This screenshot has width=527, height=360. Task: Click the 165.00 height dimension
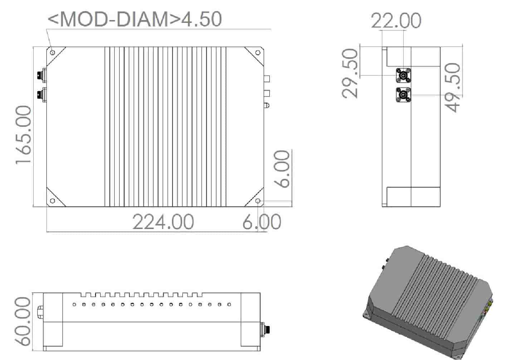pyautogui.click(x=23, y=135)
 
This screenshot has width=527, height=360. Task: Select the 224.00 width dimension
pyautogui.click(x=163, y=222)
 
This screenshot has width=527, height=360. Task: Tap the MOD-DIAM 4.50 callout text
pyautogui.click(x=135, y=19)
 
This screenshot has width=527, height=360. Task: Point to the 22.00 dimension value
pyautogui.click(x=396, y=21)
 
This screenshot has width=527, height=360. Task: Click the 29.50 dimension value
pyautogui.click(x=350, y=73)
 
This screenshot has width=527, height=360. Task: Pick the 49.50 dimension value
pyautogui.click(x=453, y=88)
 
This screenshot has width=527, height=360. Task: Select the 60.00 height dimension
pyautogui.click(x=23, y=321)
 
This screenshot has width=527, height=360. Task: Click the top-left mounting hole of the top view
pyautogui.click(x=53, y=53)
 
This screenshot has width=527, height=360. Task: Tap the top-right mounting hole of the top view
pyautogui.click(x=258, y=53)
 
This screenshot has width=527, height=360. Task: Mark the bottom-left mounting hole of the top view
pyautogui.click(x=53, y=201)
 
